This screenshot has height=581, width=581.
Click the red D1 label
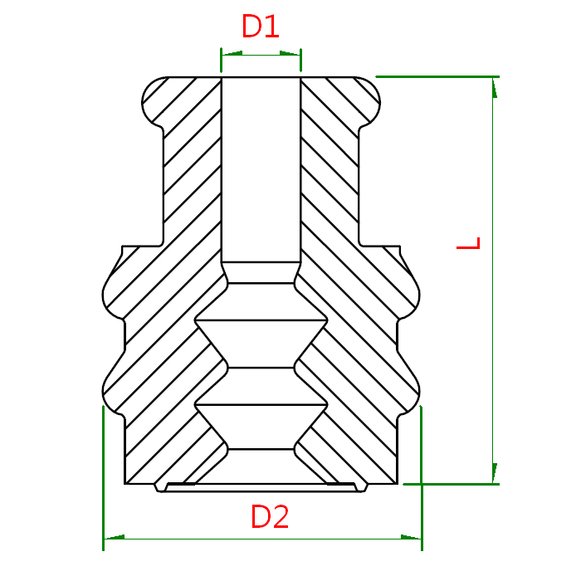coord(260,26)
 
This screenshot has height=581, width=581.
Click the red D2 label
coord(270,516)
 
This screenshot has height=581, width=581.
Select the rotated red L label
coord(468,243)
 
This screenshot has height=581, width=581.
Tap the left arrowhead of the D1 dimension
coord(232,53)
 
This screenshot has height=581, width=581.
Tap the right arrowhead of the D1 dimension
coord(290,53)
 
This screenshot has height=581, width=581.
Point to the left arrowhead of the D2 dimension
coord(115,537)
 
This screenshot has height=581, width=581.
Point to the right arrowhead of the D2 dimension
coord(412,537)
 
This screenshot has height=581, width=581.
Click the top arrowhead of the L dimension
coord(495,88)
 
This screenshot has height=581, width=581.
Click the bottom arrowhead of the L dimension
coord(495,473)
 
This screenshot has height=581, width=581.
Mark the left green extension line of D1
coord(222,60)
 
